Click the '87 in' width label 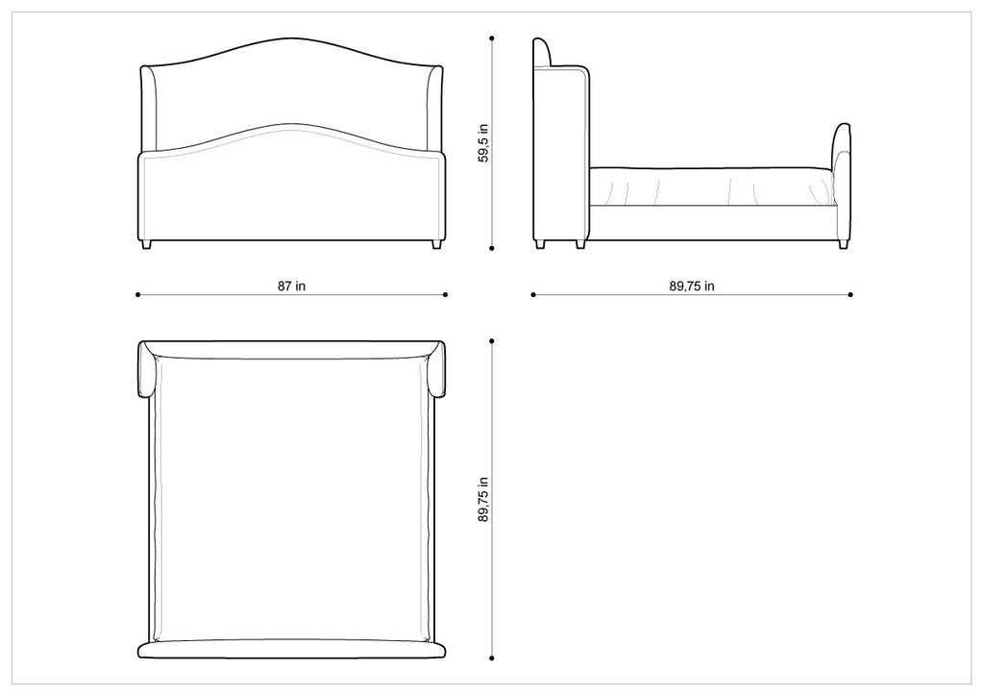(x=293, y=286)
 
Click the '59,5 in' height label (x=483, y=142)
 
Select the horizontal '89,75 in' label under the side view (x=692, y=286)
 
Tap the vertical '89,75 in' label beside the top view (x=483, y=499)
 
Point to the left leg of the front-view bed (x=147, y=245)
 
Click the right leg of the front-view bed (x=436, y=245)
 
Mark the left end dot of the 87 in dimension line (x=138, y=295)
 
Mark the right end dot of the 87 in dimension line (x=447, y=295)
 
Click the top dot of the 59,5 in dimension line (x=492, y=39)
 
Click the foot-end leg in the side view (x=843, y=244)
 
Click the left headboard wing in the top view (x=147, y=370)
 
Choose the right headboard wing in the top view (x=437, y=370)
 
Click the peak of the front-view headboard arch (x=292, y=40)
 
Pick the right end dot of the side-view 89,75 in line (x=851, y=295)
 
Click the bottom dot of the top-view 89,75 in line (x=492, y=659)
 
